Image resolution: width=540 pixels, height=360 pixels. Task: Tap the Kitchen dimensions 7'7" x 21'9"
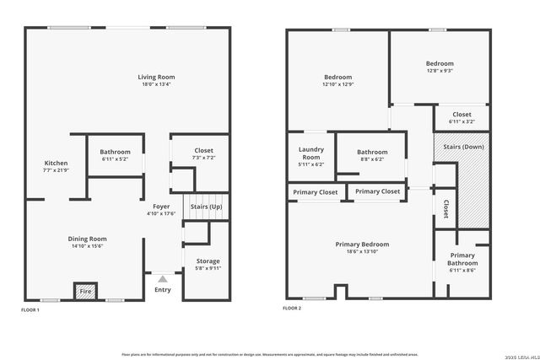[56, 170]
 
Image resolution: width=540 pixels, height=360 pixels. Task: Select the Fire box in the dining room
[85, 292]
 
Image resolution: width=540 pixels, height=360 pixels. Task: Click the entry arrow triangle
[162, 277]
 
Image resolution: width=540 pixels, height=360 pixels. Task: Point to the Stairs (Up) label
[206, 207]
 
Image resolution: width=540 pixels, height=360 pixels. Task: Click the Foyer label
[161, 207]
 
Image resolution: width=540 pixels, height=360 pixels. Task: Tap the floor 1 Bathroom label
[116, 152]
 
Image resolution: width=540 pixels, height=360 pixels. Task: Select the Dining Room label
[88, 239]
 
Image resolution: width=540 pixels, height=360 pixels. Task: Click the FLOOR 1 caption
[30, 310]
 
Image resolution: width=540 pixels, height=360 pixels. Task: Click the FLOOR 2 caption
[292, 309]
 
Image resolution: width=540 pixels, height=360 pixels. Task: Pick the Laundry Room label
[311, 153]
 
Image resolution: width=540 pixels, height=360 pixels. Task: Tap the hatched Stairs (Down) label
[462, 147]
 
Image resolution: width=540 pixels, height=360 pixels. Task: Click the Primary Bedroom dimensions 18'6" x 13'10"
[362, 251]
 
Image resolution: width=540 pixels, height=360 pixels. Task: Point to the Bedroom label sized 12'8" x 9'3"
[439, 64]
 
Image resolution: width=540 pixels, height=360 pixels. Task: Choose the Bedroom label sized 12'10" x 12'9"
[338, 77]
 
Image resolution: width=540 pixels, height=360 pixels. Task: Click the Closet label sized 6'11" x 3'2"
[462, 115]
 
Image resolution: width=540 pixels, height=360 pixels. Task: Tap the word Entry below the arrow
[162, 290]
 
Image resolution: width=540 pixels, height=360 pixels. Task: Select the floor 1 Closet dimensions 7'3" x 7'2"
[202, 158]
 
